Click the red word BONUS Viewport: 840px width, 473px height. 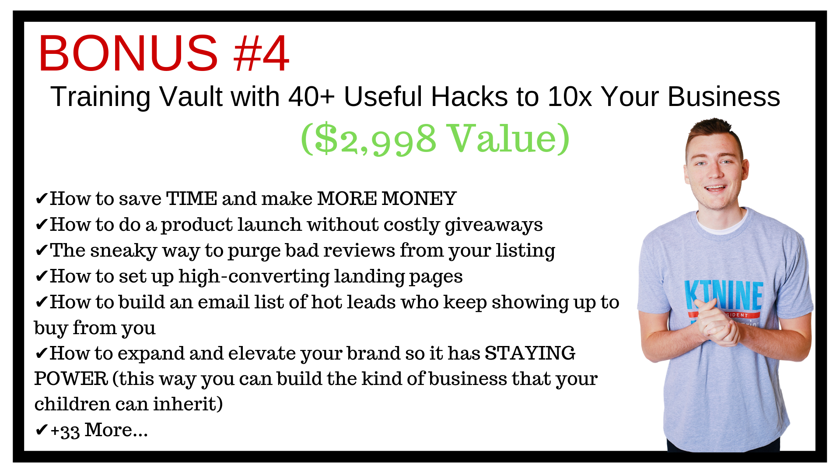coord(128,53)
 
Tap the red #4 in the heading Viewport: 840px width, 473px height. coord(261,53)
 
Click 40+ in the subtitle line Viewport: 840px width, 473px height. coord(311,96)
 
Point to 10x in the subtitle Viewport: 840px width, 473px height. coord(570,96)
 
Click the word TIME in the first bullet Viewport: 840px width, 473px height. coord(192,198)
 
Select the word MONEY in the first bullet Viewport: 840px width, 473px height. coord(419,198)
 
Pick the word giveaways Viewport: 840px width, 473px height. coord(493,225)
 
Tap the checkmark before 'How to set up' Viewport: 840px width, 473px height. coord(41,276)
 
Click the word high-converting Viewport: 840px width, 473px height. coord(254,277)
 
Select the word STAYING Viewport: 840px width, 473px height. coord(530,353)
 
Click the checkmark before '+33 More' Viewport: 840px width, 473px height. coord(41,430)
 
